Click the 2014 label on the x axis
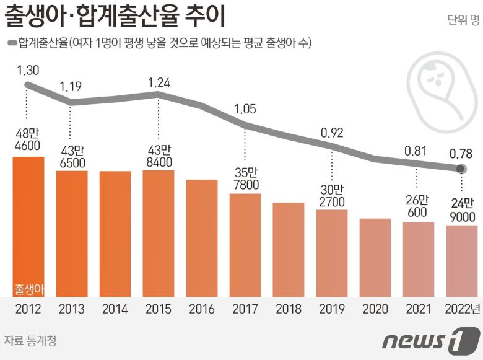[x=115, y=309]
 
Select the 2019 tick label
[x=331, y=309]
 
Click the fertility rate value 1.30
[x=28, y=71]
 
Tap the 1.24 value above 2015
[x=159, y=81]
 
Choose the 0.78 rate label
[x=461, y=152]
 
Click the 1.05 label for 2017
[x=245, y=110]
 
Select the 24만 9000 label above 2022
[x=461, y=209]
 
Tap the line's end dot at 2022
[x=461, y=168]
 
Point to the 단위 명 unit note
[x=463, y=20]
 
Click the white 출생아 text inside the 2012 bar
[x=28, y=289]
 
